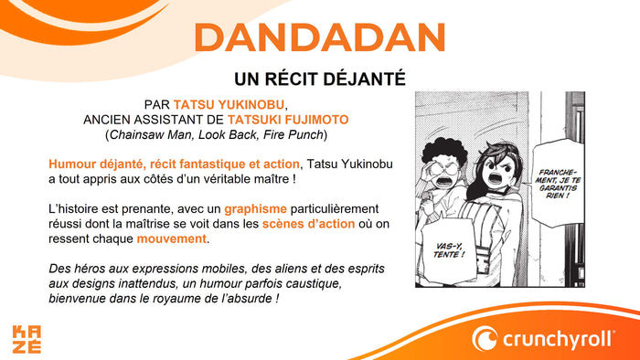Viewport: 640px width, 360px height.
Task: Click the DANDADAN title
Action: (319, 38)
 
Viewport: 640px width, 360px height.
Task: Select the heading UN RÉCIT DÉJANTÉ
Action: (319, 79)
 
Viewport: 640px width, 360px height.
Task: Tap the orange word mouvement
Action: (172, 239)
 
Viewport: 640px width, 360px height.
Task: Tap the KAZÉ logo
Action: (27, 338)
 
